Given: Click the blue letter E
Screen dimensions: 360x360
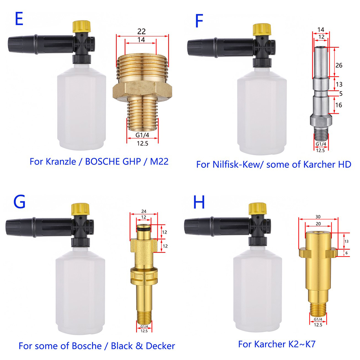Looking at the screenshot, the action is (19, 19).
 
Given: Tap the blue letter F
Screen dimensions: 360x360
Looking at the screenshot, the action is (199, 21).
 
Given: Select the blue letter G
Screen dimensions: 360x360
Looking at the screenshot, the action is (19, 202).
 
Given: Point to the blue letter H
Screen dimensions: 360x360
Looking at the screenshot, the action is (199, 202).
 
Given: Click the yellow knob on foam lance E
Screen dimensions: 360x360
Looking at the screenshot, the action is (82, 26).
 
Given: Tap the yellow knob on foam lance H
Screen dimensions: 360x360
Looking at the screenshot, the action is (258, 208).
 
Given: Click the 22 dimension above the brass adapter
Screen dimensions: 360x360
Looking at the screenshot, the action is (142, 31).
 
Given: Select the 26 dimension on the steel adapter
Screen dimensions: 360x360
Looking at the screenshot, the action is (339, 65).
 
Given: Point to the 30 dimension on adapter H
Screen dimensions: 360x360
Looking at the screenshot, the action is (318, 217).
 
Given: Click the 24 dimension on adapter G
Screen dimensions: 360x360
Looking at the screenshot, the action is (144, 211).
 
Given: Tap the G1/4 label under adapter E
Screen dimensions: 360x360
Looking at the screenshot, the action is (142, 135).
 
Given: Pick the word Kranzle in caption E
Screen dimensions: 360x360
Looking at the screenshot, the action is (61, 161).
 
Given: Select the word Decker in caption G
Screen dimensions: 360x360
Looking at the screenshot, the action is (160, 346).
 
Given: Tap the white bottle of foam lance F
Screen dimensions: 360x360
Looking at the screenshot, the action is (262, 111).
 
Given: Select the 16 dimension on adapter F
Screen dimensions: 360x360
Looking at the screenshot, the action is (339, 105).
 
